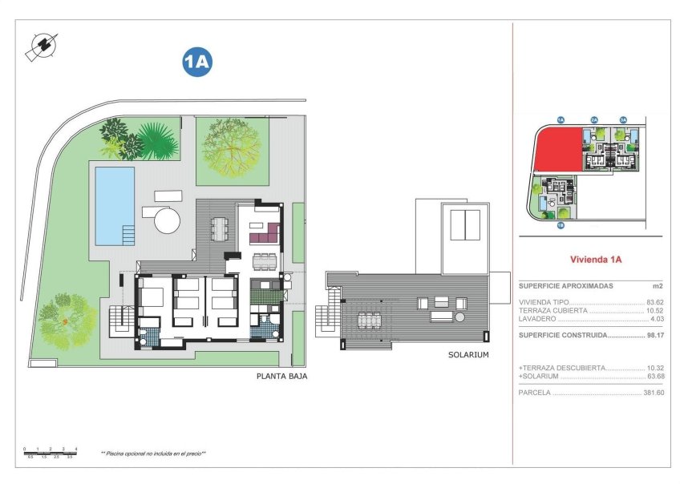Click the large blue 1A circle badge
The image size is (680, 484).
coord(196,62)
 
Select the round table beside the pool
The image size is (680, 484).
coord(168,218)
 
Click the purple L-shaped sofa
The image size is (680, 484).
coord(264,235)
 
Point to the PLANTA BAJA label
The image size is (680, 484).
coord(281,375)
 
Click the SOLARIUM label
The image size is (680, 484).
coord(469,354)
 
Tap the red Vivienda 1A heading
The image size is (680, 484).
coord(596,260)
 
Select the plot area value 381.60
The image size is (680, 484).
coord(653,393)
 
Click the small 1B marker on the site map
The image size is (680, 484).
coord(561,225)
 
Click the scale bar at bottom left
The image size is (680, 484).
coord(50,453)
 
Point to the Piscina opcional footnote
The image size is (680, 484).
coord(153,454)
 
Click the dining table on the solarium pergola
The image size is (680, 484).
coord(369,320)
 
